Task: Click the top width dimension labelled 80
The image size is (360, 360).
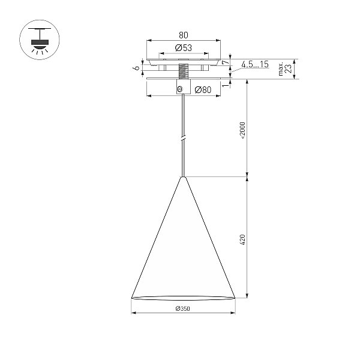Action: pyautogui.click(x=183, y=35)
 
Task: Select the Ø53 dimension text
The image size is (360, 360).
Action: pyautogui.click(x=183, y=48)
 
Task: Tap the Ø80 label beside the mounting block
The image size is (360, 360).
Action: pyautogui.click(x=203, y=89)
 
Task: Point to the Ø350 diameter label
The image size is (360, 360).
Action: pyautogui.click(x=183, y=308)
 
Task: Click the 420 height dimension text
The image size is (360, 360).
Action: pyautogui.click(x=242, y=239)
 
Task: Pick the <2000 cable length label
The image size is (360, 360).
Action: pyautogui.click(x=242, y=131)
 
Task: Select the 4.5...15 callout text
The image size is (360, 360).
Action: pyautogui.click(x=255, y=64)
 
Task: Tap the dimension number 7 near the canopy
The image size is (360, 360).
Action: pyautogui.click(x=226, y=62)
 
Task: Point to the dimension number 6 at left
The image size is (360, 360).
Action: pyautogui.click(x=137, y=68)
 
